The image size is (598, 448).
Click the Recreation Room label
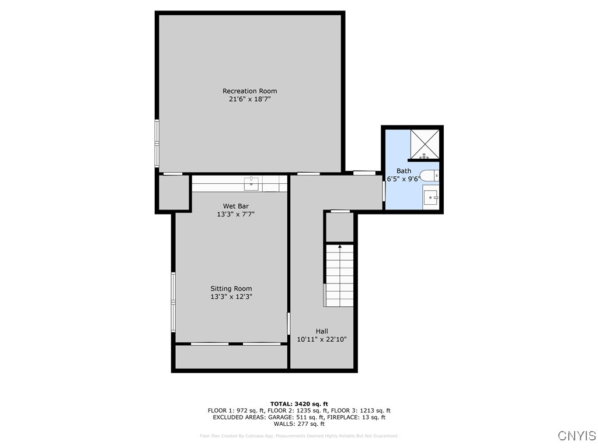249,91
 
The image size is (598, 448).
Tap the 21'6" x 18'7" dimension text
249,99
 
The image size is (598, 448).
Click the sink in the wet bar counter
253,183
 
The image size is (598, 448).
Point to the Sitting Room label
231,289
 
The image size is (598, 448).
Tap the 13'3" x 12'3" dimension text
231,297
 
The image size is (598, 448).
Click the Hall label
322,331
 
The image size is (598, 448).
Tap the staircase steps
340,277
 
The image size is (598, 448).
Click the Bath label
404,171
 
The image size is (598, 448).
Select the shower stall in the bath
425,144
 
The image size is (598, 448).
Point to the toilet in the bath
431,175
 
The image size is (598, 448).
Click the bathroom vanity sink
431,198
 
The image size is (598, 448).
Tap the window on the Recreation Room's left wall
157,142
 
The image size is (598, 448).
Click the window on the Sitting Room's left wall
173,302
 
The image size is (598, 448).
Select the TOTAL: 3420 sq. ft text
299,404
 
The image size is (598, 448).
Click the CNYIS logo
576,436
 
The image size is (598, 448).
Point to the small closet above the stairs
340,227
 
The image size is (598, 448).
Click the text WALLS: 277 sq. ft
299,424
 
